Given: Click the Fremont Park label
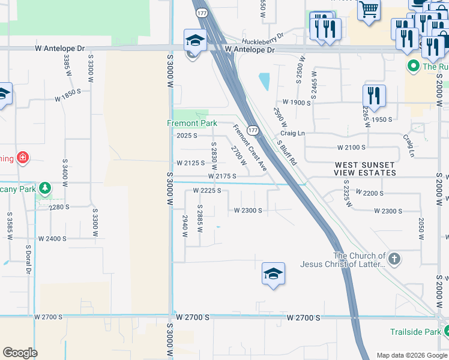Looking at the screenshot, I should pos(191,123).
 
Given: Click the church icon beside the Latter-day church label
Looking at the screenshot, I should pos(394,259).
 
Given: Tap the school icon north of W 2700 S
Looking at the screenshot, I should pos(273,274).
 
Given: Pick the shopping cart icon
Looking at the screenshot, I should pos(369,9).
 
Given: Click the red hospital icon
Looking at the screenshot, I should pos(23,158).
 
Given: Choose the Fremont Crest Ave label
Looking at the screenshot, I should pos(249,148).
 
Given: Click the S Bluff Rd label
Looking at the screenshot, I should pos(287,154).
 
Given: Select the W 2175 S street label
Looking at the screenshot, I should pos(222,176).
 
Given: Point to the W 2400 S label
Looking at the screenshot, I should pos(52,239).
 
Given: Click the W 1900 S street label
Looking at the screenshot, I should pos(297,103).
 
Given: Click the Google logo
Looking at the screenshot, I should pos(20,353).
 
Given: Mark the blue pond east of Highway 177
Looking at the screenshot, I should pos(264,81).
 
